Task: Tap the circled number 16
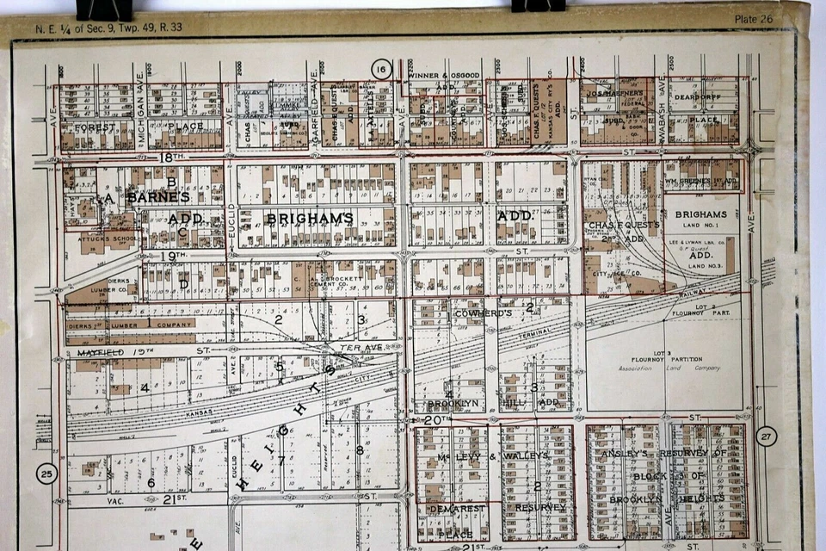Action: (x=381, y=69)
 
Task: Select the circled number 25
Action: (x=46, y=473)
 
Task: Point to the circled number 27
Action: (x=767, y=436)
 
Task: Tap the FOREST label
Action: (x=95, y=127)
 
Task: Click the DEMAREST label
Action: (x=453, y=510)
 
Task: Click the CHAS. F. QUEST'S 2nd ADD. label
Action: (x=624, y=231)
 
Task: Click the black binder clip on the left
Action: (x=104, y=9)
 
